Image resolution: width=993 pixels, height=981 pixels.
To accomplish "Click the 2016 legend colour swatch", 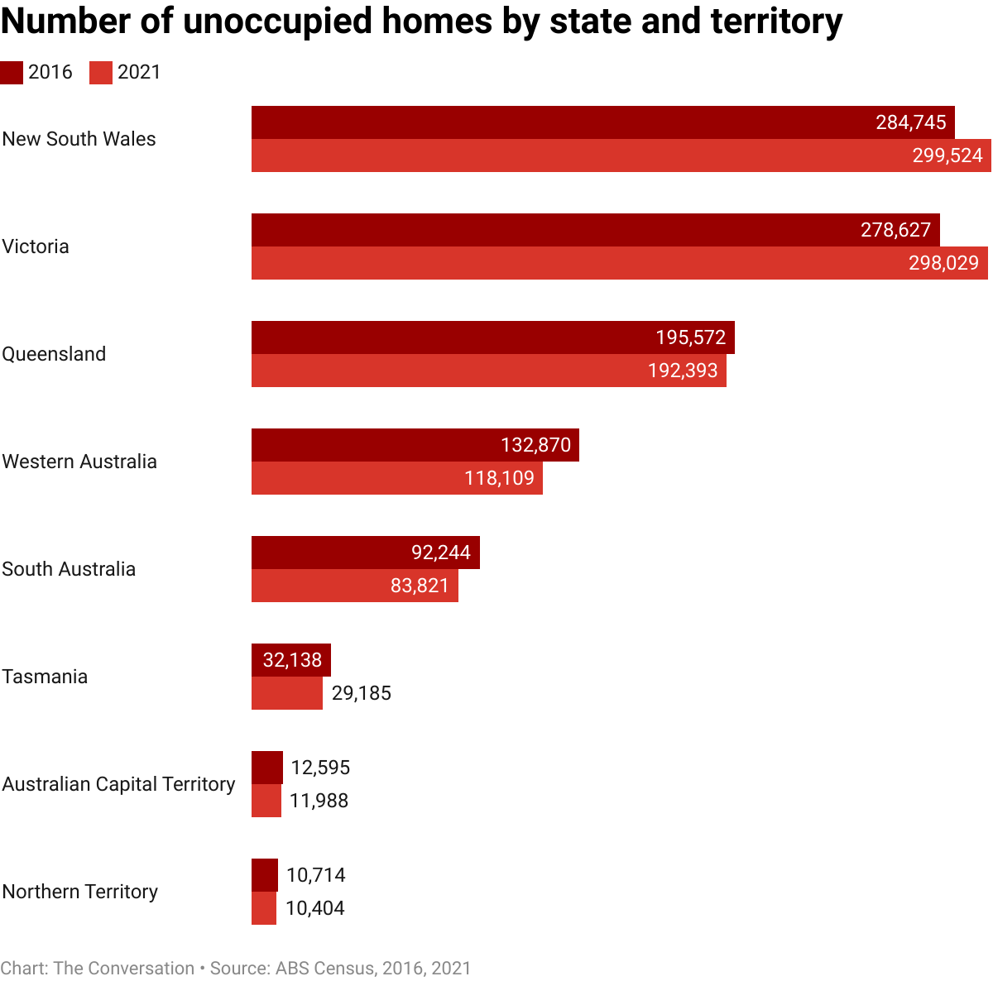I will [12, 73].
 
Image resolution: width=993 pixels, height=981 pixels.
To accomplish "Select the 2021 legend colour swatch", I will [101, 73].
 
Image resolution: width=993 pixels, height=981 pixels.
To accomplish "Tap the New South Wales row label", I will [79, 139].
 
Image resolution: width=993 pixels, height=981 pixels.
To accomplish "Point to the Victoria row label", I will [36, 246].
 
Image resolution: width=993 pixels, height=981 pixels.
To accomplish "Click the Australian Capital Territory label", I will [119, 784].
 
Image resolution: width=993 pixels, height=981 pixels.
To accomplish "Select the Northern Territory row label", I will [80, 892].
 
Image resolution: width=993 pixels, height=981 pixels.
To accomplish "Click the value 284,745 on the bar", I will [911, 122].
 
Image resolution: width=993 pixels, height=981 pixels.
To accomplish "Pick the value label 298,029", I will [943, 263].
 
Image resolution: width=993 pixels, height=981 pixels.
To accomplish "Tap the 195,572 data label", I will [691, 337].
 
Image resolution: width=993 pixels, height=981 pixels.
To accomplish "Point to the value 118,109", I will [499, 478].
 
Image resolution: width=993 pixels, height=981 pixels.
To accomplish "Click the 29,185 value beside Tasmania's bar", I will [362, 693].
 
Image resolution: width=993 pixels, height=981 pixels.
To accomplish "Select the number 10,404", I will [315, 908].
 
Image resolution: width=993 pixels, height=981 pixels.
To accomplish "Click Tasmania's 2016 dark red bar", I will [291, 660].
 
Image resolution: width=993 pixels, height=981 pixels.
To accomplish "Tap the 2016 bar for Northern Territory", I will [265, 875].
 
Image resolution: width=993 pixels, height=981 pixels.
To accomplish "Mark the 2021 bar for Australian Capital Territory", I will [266, 801].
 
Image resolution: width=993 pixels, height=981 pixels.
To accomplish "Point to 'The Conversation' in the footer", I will [124, 969].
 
